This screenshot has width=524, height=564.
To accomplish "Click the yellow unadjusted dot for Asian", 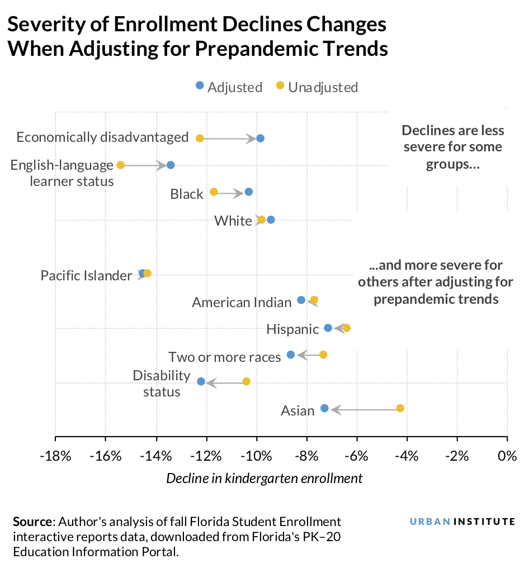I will tap(400, 408).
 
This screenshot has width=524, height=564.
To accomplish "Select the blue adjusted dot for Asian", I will tap(324, 408).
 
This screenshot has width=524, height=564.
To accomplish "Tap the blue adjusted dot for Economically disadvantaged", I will tap(260, 138).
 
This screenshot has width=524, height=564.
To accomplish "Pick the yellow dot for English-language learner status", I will tap(120, 165).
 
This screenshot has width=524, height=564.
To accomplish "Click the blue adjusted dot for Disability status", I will tap(201, 381).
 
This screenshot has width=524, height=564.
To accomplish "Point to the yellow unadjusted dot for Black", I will tap(214, 192).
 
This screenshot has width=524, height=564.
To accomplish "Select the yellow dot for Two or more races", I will tap(323, 355).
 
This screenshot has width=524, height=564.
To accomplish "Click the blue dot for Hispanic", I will tap(328, 328).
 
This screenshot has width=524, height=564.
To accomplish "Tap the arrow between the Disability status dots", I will tap(224, 382).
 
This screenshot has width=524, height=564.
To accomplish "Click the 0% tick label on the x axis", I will tap(507, 456).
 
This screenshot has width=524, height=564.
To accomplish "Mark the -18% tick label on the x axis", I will tap(55, 456).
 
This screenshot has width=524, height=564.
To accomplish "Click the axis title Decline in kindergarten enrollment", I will tap(264, 479).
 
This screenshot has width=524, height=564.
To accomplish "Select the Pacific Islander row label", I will tap(86, 275).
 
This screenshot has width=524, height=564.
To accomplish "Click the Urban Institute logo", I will tap(462, 522).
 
